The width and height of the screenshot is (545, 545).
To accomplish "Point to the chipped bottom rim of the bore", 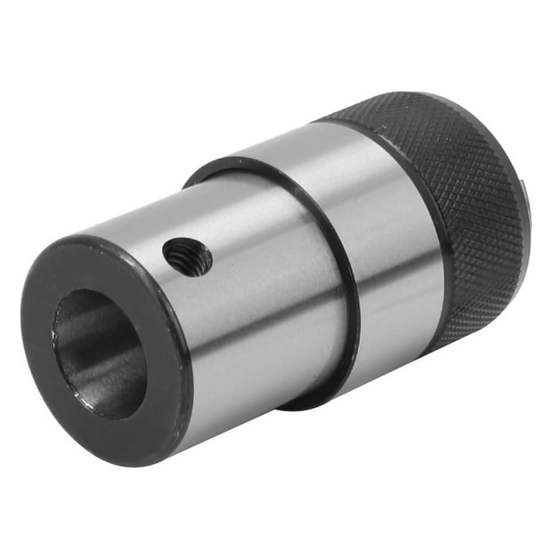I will [107, 411].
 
